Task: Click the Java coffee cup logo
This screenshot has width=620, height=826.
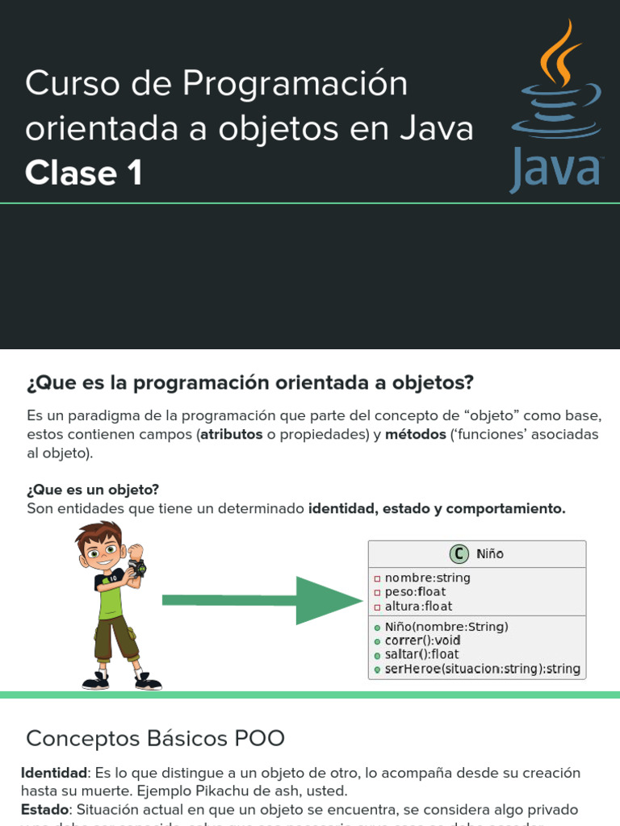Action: [x=556, y=105]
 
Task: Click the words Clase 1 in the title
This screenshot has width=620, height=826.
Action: [x=84, y=173]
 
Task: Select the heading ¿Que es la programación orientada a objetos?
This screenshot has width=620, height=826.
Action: [x=249, y=382]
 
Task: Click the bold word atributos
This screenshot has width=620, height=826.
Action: [x=232, y=434]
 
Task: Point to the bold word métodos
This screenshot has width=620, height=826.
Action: [x=416, y=434]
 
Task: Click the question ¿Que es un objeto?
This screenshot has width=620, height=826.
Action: [x=93, y=490]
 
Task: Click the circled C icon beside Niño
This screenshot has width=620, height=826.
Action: [x=459, y=553]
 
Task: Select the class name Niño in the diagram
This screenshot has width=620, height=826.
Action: [x=489, y=554]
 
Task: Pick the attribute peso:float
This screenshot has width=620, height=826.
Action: [x=415, y=592]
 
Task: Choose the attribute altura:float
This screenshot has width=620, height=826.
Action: [x=418, y=606]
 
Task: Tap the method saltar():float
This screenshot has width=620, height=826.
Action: [x=421, y=654]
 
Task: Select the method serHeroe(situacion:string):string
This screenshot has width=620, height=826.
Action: [x=482, y=669]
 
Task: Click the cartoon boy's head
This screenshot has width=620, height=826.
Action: [x=101, y=549]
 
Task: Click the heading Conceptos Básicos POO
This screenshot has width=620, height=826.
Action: [x=155, y=737]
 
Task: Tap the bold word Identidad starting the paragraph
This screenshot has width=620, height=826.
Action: [x=53, y=773]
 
